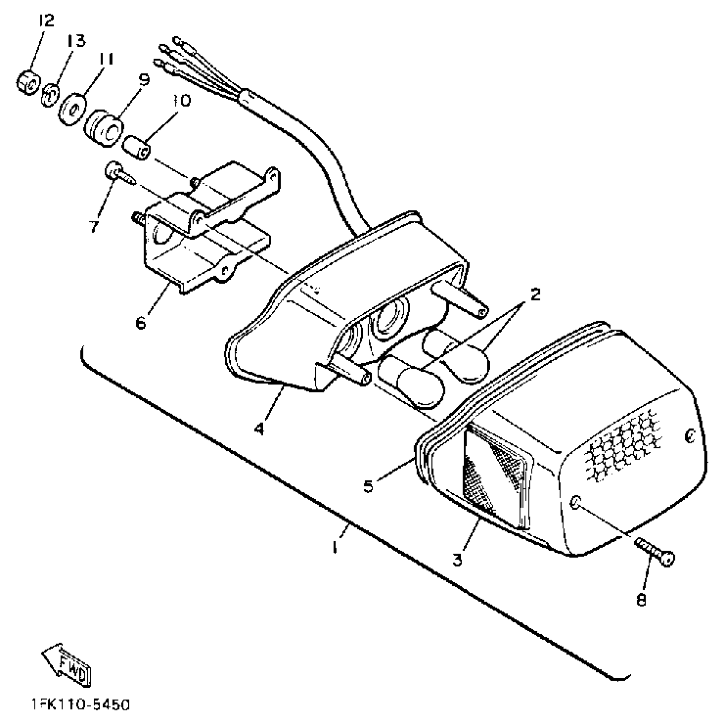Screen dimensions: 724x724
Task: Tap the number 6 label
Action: click(x=141, y=322)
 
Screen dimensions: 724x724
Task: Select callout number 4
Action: click(x=259, y=428)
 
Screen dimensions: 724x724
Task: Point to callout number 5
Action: click(x=369, y=486)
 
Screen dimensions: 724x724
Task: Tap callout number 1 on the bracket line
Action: click(x=336, y=546)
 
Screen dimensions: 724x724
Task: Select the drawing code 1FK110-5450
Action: click(x=80, y=705)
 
